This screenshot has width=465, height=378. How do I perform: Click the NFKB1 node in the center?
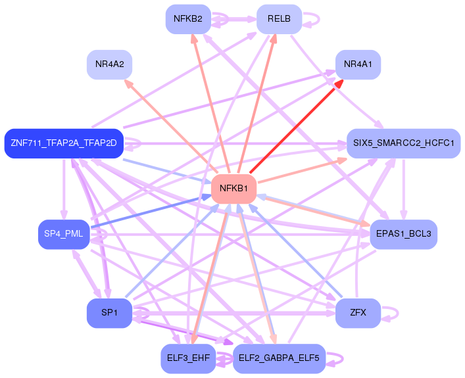pos(233,189)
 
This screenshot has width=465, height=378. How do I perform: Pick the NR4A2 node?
pos(110,64)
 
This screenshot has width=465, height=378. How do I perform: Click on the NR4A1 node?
pos(358,64)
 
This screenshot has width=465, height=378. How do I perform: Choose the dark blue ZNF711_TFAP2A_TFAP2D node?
pos(64,143)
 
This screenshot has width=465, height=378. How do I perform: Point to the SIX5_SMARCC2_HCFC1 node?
pos(404,143)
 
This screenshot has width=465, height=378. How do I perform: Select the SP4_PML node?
pos(63,234)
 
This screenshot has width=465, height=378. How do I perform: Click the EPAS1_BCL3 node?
pos(403,234)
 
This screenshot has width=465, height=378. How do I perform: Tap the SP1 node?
pos(109,312)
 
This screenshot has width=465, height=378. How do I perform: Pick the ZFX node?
pos(358,312)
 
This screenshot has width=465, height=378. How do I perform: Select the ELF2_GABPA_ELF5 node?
pos(279,358)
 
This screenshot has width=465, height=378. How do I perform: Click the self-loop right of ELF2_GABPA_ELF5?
pos(337,358)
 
